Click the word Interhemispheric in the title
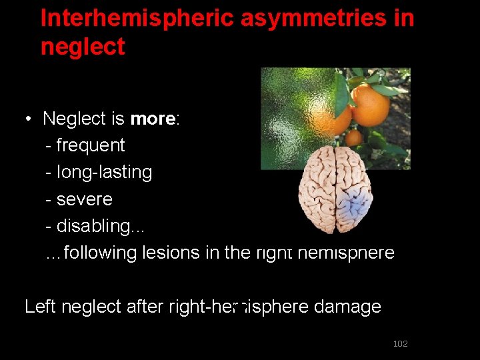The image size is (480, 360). [135, 18]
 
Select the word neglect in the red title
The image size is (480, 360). [83, 47]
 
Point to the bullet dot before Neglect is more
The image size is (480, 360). [29, 119]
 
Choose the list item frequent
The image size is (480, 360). [90, 145]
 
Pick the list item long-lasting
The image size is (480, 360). [104, 172]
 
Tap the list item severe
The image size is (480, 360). [84, 199]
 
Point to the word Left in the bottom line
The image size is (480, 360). [40, 307]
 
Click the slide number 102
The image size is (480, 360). [400, 343]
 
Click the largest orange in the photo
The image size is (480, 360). [371, 105]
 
